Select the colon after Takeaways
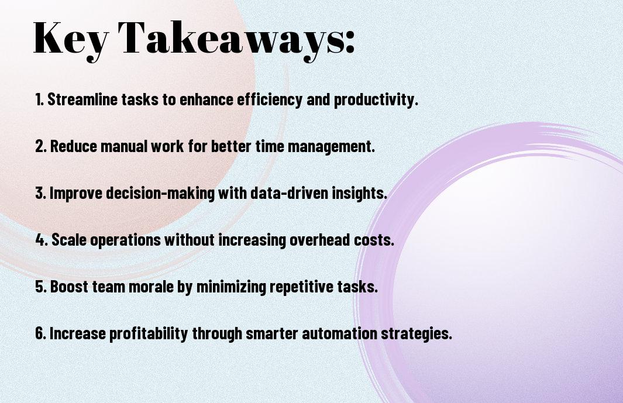pyautogui.click(x=349, y=42)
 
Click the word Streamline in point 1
pyautogui.click(x=82, y=99)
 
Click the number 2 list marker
pyautogui.click(x=41, y=146)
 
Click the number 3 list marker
pyautogui.click(x=41, y=193)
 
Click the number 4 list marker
pyautogui.click(x=42, y=240)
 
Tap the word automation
pyautogui.click(x=339, y=333)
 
